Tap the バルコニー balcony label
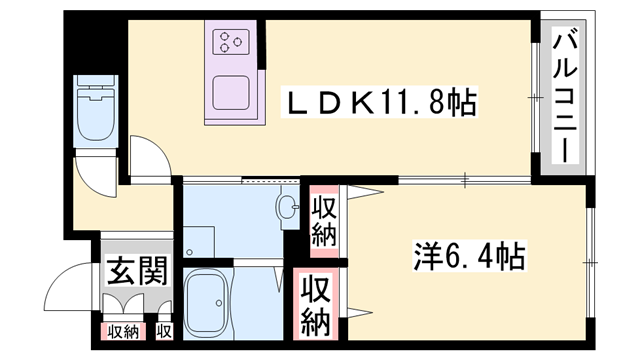563,97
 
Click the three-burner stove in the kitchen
233,44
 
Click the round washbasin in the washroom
289,211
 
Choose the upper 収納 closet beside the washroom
323,221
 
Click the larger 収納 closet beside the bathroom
317,306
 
